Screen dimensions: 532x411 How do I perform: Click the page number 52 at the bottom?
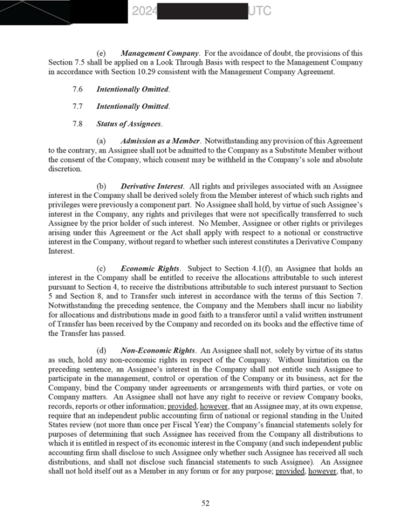[205, 503]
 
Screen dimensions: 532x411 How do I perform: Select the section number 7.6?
[78, 89]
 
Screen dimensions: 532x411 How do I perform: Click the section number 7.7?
[78, 106]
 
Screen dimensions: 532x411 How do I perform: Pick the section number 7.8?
[78, 123]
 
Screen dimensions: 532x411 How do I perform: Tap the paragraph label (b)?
[101, 186]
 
